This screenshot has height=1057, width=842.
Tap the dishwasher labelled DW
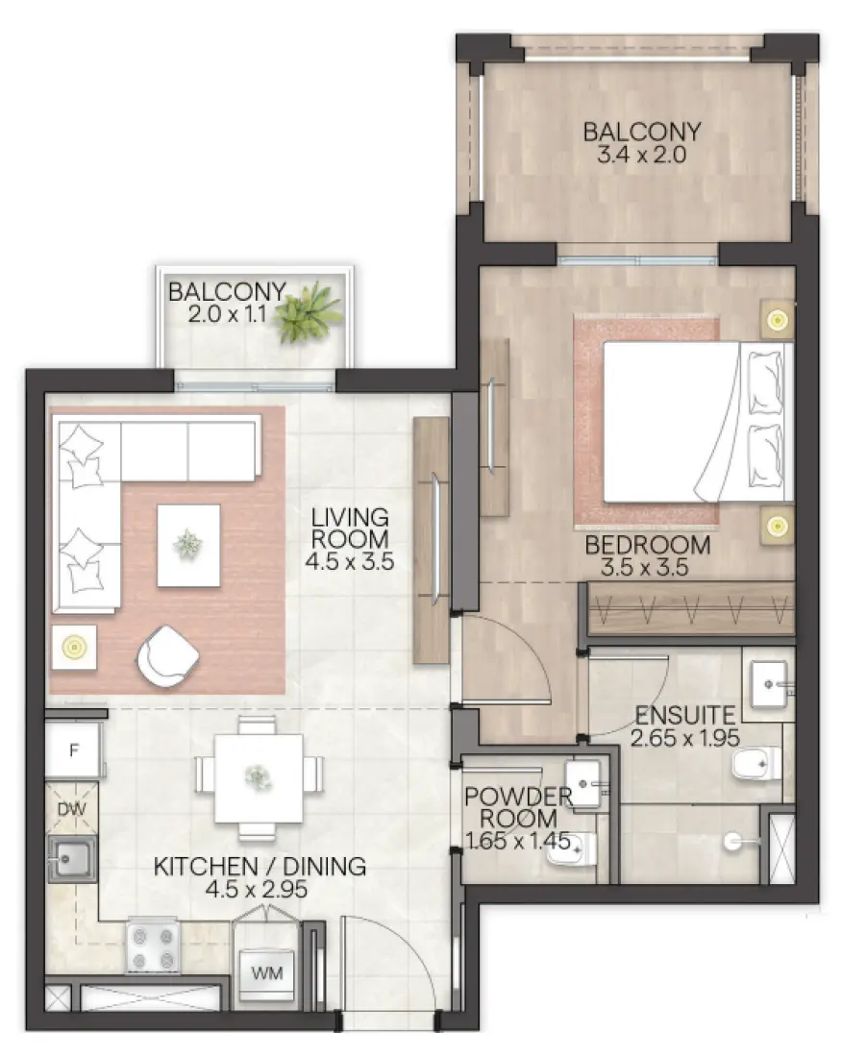point(72,809)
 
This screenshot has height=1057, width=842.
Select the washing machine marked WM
point(267,972)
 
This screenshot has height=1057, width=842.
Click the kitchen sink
point(72,857)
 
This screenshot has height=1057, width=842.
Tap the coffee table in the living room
point(188,545)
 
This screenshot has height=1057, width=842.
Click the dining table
point(257,774)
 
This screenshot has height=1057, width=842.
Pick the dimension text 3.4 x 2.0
point(642,156)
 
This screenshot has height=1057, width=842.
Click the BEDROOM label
point(648,545)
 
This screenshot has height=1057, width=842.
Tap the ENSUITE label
point(683,714)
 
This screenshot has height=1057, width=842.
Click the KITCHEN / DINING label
point(260,866)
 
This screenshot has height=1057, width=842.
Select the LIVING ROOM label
point(350,528)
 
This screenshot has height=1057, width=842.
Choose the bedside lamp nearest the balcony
point(777,318)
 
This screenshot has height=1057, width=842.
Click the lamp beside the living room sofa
point(72,648)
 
